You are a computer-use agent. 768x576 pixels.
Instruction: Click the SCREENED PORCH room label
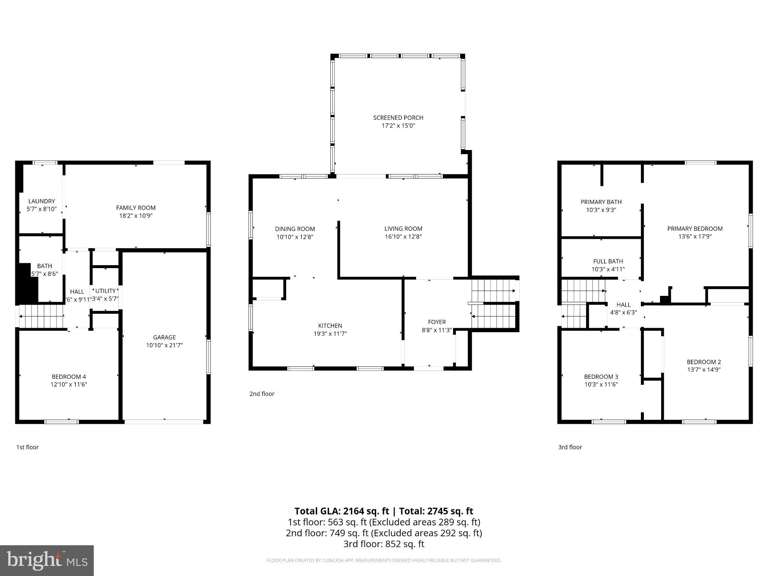click(x=398, y=118)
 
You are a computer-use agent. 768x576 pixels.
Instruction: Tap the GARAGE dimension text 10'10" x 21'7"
click(x=164, y=345)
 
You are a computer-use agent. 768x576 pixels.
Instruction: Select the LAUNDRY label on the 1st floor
click(x=41, y=201)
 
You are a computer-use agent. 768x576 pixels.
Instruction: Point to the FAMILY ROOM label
click(x=136, y=208)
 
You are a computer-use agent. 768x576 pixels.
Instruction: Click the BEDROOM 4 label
click(x=69, y=376)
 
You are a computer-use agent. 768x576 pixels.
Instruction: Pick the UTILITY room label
click(x=105, y=291)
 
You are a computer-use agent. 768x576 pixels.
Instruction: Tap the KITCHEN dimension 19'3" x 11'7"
click(x=330, y=334)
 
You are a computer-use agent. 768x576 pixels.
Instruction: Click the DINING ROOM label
click(x=295, y=229)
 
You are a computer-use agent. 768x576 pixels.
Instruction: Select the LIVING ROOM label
click(x=403, y=228)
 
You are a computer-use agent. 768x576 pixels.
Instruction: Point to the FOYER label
click(x=437, y=322)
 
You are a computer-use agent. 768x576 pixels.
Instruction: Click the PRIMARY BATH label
click(x=601, y=202)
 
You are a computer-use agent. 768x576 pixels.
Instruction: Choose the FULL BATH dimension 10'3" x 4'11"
click(x=608, y=269)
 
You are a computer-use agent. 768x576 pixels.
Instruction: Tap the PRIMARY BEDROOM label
click(x=695, y=228)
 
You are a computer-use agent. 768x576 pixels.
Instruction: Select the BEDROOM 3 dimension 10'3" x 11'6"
click(x=601, y=384)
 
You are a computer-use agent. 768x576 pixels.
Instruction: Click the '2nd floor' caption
click(x=262, y=394)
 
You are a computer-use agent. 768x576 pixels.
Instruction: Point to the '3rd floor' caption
click(x=570, y=447)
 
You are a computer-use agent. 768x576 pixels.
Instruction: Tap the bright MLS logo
click(x=47, y=560)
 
